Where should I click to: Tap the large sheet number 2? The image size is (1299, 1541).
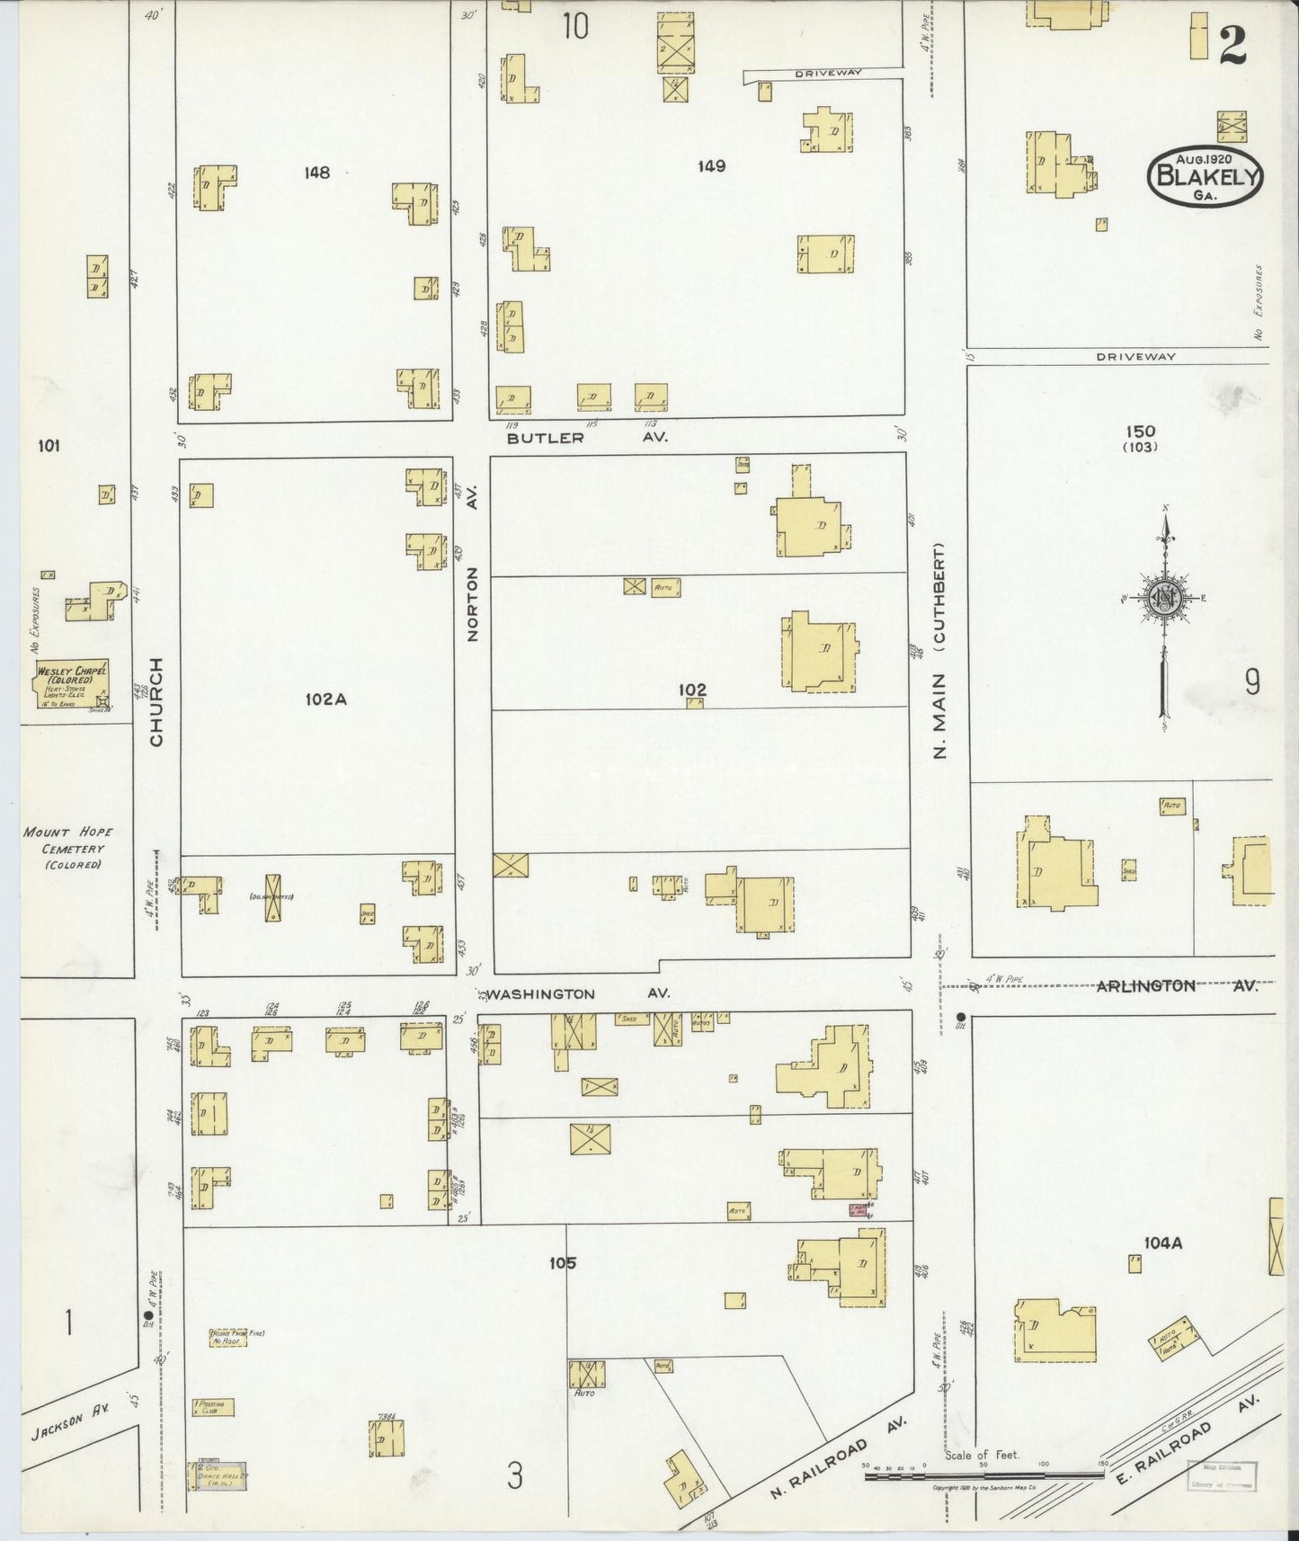pyautogui.click(x=1233, y=42)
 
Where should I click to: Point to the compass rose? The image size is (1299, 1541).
pyautogui.click(x=1164, y=599)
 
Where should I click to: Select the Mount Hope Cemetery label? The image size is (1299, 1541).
pyautogui.click(x=68, y=848)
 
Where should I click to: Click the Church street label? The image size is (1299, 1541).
pyautogui.click(x=157, y=702)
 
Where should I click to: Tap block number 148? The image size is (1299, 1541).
pyautogui.click(x=316, y=173)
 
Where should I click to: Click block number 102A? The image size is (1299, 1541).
pyautogui.click(x=325, y=698)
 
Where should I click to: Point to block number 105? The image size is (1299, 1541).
pyautogui.click(x=563, y=1263)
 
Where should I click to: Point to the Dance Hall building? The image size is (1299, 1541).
pyautogui.click(x=217, y=1474)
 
